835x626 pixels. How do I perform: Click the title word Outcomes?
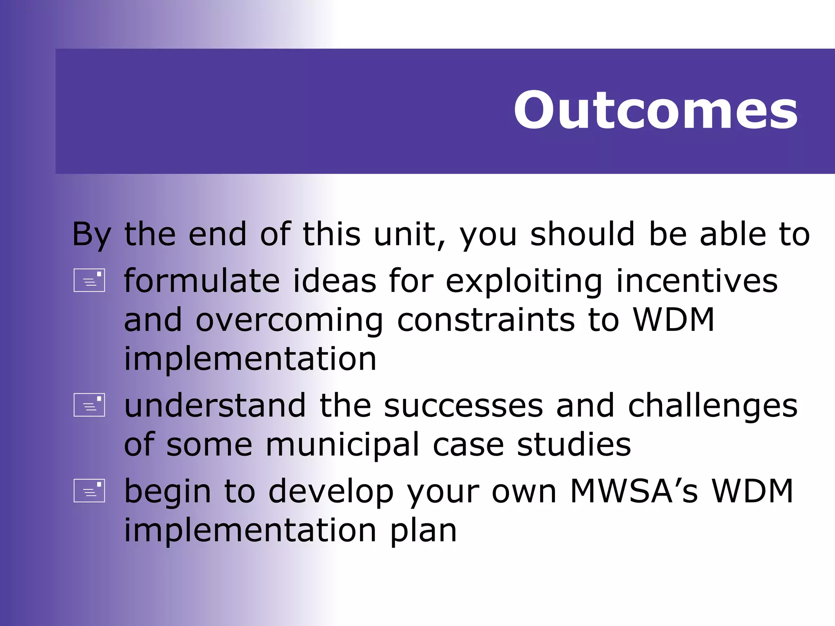[655, 110]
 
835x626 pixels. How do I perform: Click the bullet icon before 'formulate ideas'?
[89, 280]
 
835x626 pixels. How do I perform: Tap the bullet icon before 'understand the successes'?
[89, 405]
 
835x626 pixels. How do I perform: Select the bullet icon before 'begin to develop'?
[89, 490]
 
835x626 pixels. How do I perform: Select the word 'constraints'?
[486, 320]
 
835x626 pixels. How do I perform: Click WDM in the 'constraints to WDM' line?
[673, 320]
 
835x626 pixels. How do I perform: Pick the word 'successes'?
[463, 406]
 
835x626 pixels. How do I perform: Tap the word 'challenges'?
[712, 406]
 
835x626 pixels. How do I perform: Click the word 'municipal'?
[342, 445]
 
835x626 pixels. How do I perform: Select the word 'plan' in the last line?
[423, 531]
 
